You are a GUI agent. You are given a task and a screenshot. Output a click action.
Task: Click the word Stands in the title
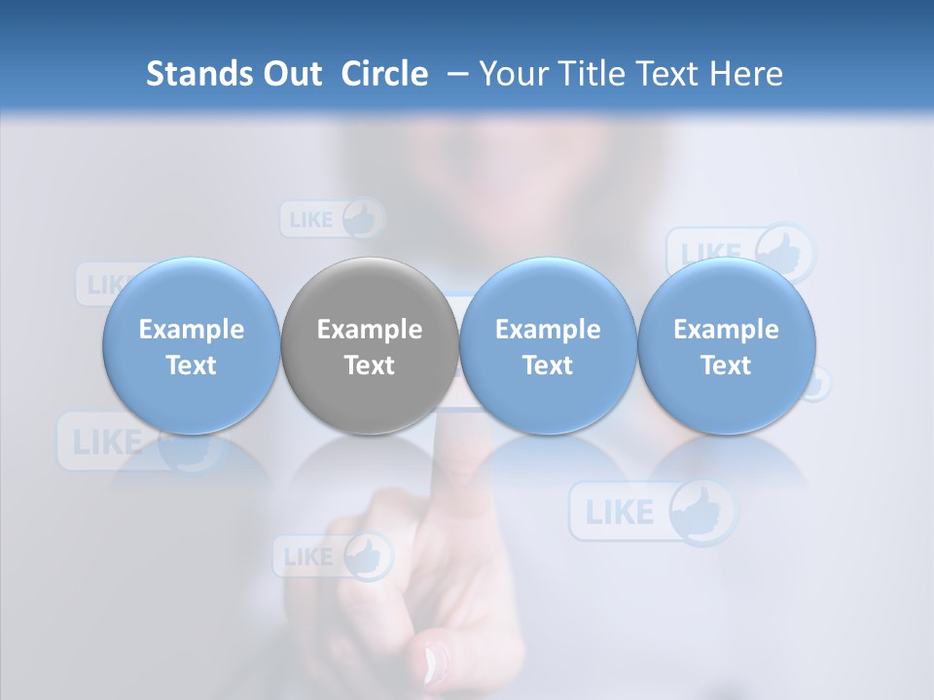198,74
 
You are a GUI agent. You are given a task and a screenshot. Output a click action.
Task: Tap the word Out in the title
290,74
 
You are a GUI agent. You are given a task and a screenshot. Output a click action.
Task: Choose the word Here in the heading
746,74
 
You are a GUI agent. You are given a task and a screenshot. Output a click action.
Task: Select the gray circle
369,292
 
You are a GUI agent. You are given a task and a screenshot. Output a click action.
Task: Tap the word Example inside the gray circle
370,330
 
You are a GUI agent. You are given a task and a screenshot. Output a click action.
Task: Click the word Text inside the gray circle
370,366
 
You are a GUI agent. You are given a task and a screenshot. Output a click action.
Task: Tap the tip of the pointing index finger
450,428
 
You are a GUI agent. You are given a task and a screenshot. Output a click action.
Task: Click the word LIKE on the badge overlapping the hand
308,557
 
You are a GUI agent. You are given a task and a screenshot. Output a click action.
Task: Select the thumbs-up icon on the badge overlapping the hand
367,557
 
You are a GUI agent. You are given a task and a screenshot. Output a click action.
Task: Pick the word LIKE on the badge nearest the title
311,220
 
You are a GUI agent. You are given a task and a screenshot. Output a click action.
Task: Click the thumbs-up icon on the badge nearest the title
363,219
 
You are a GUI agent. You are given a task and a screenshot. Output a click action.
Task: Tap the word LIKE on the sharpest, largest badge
620,511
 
